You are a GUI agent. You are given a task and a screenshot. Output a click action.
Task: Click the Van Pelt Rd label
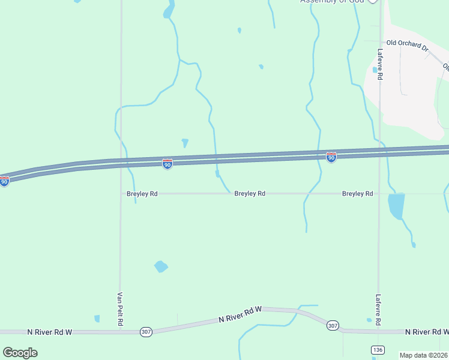(x=120, y=309)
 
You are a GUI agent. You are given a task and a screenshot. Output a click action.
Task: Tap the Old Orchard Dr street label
(x=407, y=43)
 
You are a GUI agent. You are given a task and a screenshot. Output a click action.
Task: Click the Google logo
(x=20, y=352)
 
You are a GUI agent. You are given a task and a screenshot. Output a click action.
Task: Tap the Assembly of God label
(x=333, y=1)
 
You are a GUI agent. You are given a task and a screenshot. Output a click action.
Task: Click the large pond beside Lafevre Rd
(x=396, y=206)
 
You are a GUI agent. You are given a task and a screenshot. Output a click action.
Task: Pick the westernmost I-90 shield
(x=4, y=181)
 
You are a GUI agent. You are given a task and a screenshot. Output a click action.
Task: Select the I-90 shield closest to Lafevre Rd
(x=331, y=157)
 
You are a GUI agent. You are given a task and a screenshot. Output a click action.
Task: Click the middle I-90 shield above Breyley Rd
(x=167, y=164)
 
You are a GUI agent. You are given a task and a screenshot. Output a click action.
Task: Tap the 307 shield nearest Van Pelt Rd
(x=146, y=331)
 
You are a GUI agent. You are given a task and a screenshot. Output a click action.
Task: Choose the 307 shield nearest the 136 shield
(x=333, y=325)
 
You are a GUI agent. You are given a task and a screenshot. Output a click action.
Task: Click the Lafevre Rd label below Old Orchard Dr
(x=380, y=65)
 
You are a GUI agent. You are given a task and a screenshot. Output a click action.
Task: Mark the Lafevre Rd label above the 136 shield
(x=379, y=310)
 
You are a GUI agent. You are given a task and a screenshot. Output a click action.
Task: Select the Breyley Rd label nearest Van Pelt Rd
(x=142, y=194)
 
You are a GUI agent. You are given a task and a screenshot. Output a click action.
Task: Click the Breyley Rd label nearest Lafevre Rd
(x=358, y=194)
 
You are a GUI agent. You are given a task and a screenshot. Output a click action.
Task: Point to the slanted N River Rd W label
(x=240, y=314)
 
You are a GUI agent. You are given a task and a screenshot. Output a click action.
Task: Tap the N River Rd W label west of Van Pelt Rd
(x=50, y=331)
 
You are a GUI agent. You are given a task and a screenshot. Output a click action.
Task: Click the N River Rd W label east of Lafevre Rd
(x=427, y=332)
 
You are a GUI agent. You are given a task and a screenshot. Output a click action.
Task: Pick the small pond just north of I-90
(x=185, y=142)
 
